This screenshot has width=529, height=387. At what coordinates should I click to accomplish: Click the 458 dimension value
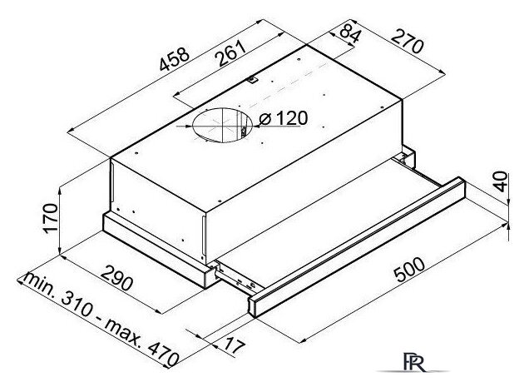175,59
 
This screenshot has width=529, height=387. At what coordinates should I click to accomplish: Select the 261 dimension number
232,53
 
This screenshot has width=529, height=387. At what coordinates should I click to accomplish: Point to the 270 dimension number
408,42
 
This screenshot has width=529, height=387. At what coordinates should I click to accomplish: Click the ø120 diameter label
283,118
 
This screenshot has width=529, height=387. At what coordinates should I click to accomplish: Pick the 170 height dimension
51,218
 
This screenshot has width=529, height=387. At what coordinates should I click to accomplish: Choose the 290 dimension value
116,278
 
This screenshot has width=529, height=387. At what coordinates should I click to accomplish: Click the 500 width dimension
409,269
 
